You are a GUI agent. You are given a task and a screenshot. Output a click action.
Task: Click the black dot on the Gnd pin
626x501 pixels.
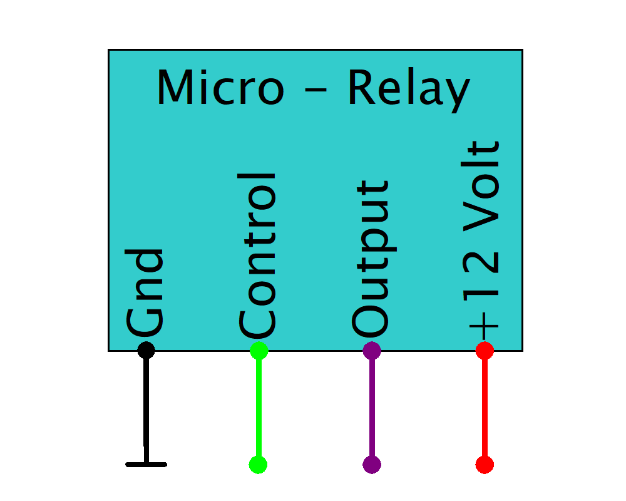tap(146, 350)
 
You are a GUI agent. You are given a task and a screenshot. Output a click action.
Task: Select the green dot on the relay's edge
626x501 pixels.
tap(259, 351)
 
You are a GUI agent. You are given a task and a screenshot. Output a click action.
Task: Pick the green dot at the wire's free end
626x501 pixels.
tap(258, 464)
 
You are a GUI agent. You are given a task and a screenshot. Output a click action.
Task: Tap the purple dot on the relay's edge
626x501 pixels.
tap(372, 351)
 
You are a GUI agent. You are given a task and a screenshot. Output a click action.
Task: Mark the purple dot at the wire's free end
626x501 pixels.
tap(372, 464)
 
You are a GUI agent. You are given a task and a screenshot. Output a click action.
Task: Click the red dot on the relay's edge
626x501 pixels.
tap(485, 351)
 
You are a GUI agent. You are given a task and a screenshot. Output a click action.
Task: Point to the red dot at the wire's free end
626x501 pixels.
tap(485, 464)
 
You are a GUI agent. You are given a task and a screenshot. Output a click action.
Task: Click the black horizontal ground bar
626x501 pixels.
tap(146, 464)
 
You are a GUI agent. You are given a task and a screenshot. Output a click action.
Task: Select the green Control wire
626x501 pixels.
tap(259, 407)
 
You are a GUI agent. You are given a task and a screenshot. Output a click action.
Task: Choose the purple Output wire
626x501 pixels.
tap(372, 407)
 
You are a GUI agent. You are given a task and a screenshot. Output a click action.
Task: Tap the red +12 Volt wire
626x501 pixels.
tap(485, 407)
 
